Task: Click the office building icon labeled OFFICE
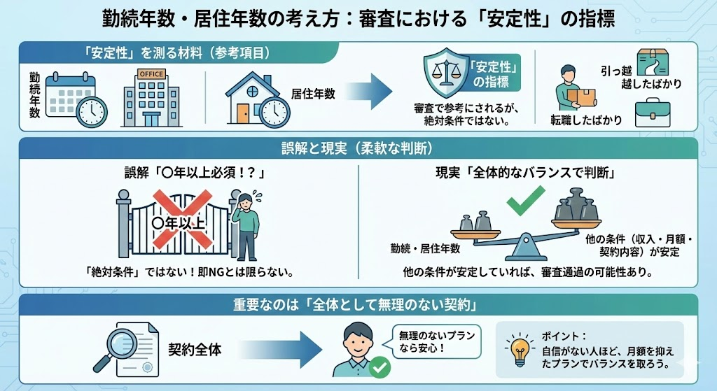click(x=152, y=99)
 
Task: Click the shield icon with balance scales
click(x=445, y=75)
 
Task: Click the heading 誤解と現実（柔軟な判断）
click(x=358, y=148)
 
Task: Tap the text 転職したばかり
click(x=586, y=120)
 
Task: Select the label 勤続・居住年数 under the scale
click(x=426, y=248)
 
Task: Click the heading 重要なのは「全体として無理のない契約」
click(x=358, y=305)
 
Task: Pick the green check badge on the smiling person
click(x=380, y=367)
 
